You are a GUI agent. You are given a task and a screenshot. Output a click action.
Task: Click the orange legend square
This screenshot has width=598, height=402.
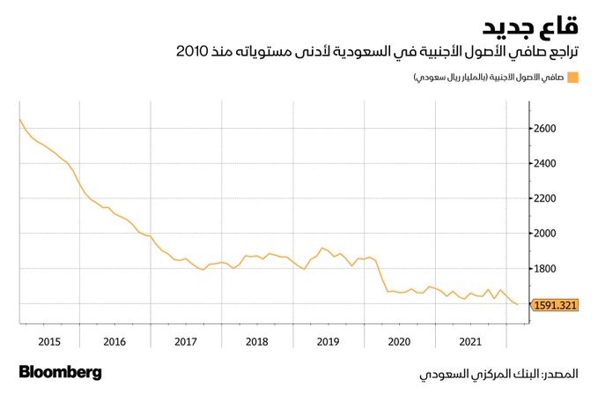572,78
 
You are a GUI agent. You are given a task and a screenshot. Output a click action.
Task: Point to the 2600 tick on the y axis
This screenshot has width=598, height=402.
546,129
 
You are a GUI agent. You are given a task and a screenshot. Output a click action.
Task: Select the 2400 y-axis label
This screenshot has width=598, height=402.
546,164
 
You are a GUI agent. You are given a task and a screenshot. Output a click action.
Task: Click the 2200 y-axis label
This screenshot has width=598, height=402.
546,198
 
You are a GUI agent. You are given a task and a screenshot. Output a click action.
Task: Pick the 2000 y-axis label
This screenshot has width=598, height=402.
546,234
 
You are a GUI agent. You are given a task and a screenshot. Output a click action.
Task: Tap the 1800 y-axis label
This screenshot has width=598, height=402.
546,269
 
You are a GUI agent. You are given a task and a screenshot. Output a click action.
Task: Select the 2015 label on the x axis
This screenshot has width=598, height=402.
48,340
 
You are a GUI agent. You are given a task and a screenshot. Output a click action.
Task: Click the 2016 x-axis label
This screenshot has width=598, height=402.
114,340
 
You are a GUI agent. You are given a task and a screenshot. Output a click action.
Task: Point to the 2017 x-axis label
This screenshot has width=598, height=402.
186,340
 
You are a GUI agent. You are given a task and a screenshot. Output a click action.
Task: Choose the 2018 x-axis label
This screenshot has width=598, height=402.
257,340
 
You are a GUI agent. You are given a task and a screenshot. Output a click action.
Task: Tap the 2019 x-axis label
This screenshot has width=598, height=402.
329,340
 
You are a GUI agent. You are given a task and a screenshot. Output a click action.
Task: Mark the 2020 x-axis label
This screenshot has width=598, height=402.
400,340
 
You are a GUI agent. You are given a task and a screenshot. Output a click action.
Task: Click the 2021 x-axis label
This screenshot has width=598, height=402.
471,340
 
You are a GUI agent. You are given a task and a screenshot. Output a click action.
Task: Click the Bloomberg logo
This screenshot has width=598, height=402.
60,372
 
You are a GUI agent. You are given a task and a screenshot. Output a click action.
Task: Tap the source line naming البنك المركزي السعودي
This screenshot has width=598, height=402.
498,374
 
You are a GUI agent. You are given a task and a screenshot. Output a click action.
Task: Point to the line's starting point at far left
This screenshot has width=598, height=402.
19,119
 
